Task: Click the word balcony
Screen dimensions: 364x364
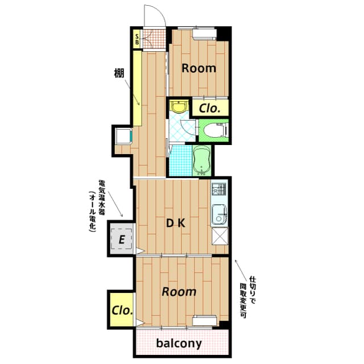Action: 179,344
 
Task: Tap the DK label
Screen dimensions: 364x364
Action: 175,223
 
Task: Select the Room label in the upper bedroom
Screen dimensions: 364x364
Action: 198,68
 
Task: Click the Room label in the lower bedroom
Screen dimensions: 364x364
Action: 179,292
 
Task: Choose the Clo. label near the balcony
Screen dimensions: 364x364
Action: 122,311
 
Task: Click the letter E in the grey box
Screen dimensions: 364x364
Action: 121,239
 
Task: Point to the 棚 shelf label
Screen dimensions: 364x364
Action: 118,73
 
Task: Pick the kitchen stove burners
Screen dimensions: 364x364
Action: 219,189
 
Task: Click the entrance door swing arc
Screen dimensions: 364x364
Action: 154,15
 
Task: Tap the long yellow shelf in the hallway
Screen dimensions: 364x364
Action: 137,88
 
